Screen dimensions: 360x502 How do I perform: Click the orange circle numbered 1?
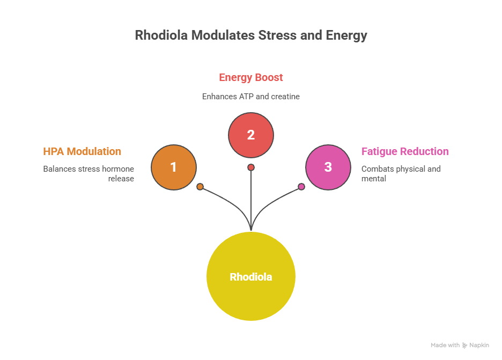pos(174,167)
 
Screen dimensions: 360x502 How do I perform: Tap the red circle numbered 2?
pos(251,135)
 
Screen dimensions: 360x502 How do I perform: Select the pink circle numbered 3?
pos(328,167)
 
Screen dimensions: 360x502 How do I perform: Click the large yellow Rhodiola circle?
pos(251,277)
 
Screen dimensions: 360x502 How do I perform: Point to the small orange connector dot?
pos(200,187)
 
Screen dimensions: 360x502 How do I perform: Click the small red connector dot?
pos(251,167)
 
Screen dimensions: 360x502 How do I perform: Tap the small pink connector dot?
pos(301,187)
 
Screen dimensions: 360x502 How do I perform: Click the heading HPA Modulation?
pos(82,151)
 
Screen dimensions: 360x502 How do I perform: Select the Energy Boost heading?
pos(251,77)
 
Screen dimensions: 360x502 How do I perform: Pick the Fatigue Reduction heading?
pos(405,151)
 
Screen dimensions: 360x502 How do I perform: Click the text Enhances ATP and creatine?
pos(250,97)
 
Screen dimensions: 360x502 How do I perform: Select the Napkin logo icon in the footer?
pos(464,346)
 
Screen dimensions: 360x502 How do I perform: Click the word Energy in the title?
pos(346,35)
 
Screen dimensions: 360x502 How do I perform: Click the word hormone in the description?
pos(118,168)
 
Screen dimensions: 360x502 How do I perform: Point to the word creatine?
pos(286,97)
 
